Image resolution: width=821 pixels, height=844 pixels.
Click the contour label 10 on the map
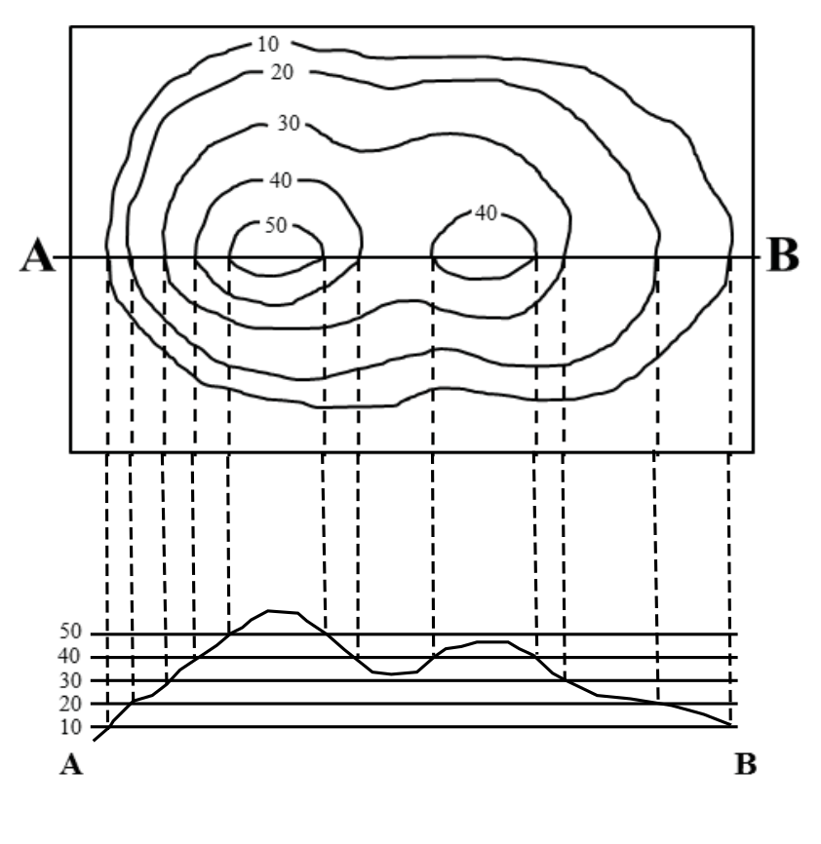(268, 44)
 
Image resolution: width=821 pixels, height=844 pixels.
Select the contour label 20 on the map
(282, 72)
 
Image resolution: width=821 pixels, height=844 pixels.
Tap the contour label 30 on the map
(288, 123)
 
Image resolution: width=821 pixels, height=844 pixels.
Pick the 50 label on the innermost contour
(276, 225)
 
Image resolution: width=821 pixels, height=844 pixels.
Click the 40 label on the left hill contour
(281, 180)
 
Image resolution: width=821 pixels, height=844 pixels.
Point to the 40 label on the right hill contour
(487, 213)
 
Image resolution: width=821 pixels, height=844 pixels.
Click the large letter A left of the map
(37, 255)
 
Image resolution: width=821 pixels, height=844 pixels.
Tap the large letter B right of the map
(782, 255)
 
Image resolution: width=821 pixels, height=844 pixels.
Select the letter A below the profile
(71, 764)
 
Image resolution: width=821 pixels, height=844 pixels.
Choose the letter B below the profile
(746, 764)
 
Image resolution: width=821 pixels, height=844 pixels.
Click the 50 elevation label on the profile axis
(70, 632)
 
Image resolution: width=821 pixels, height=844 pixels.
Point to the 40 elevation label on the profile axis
(70, 656)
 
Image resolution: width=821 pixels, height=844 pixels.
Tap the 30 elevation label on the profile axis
(70, 681)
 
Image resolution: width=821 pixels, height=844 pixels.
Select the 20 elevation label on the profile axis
(70, 704)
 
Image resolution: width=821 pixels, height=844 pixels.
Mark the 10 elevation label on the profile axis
(70, 727)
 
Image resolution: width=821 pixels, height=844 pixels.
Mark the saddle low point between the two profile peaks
(392, 673)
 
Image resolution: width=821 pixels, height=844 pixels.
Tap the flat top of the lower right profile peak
(492, 641)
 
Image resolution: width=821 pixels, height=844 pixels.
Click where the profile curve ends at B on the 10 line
(731, 726)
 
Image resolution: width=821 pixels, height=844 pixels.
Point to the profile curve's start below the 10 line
(95, 741)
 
